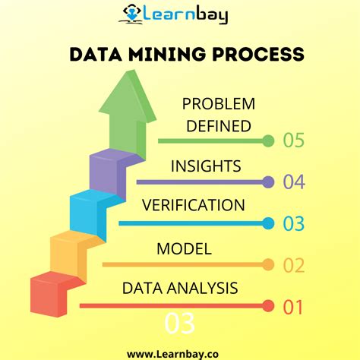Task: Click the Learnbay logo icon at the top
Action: pos(131,14)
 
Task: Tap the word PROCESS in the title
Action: pos(260,55)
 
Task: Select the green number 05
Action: pos(293,140)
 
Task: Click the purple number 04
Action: pos(293,182)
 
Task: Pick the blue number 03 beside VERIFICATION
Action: pos(293,224)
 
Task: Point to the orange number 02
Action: pos(293,265)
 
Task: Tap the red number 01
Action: pos(293,307)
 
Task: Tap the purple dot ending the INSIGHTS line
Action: pos(267,182)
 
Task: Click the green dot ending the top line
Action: pos(267,141)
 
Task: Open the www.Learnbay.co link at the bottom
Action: pos(180,352)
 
